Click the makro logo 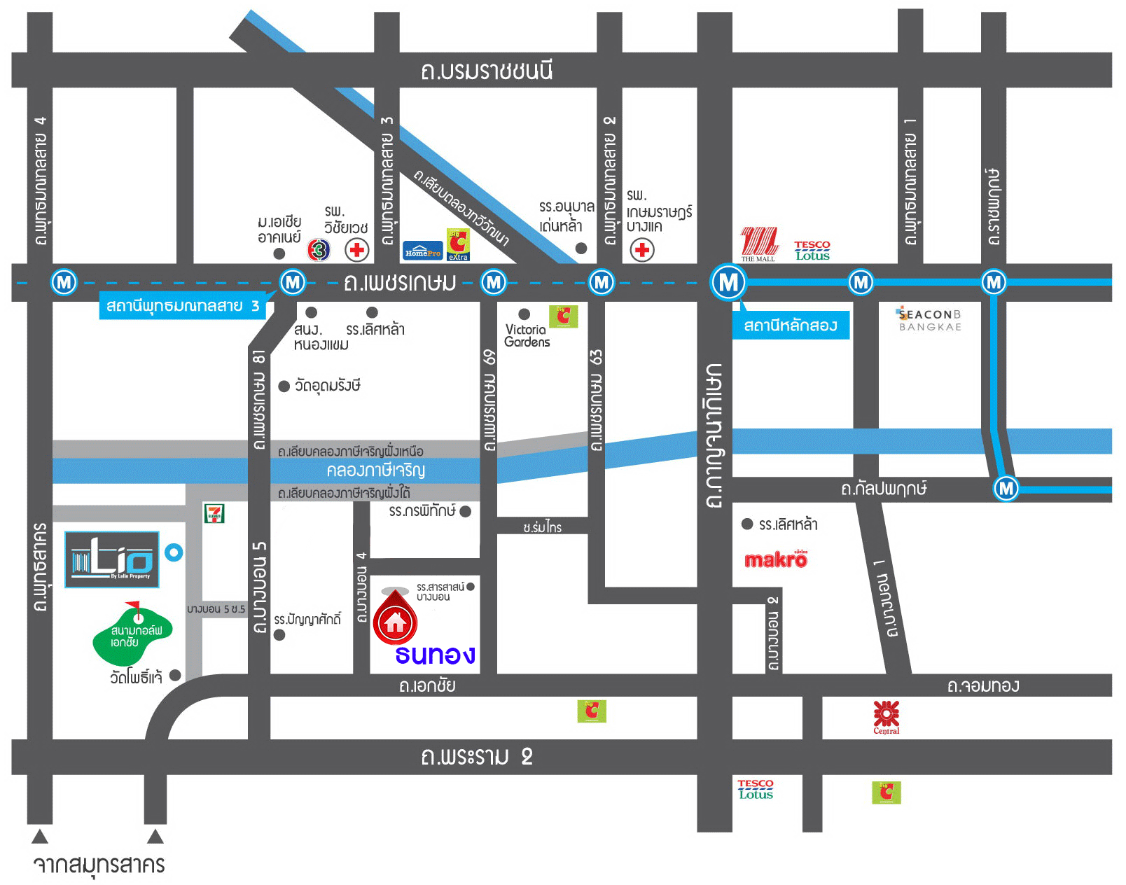point(775,559)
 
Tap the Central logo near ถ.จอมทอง point(886,716)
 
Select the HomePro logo point(422,251)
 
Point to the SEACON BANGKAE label point(930,320)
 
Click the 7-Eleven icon point(214,513)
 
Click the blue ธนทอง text point(435,655)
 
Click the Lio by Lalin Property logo point(112,559)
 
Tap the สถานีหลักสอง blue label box point(791,326)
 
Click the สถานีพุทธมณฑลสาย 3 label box point(182,306)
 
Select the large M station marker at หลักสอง point(728,282)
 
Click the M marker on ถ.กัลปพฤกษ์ point(1006,488)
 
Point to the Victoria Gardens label point(527,335)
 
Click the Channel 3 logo point(319,249)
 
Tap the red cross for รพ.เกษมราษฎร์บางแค point(641,249)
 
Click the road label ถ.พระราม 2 point(477,757)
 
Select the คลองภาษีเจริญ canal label point(375,470)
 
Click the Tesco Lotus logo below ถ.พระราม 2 point(756,789)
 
